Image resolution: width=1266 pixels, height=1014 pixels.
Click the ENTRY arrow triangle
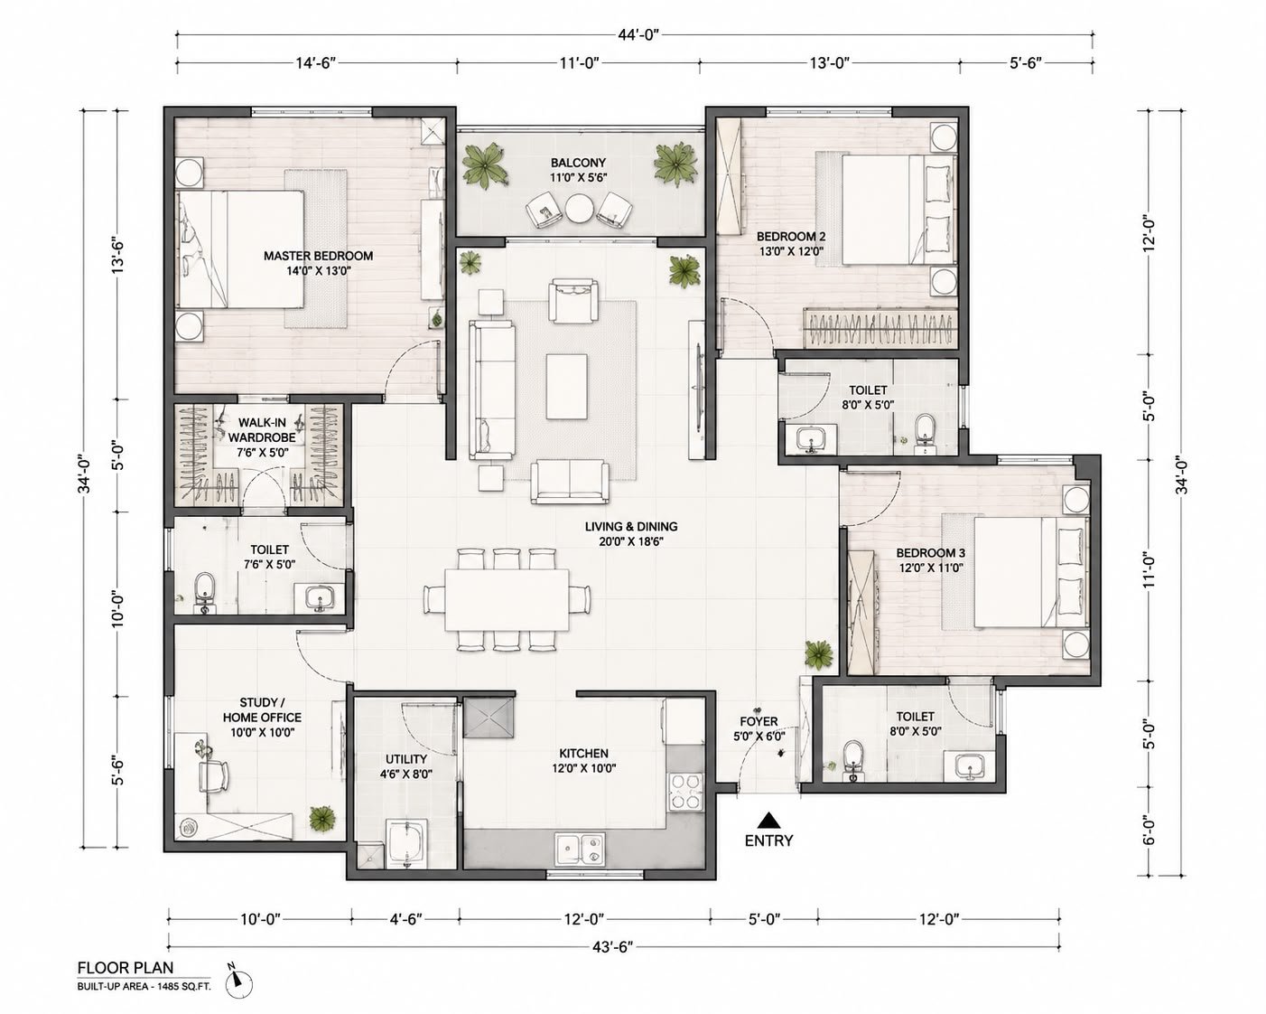pyautogui.click(x=768, y=821)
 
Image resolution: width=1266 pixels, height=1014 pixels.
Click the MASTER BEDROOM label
pyautogui.click(x=318, y=256)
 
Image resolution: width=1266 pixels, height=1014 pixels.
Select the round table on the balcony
pyautogui.click(x=580, y=209)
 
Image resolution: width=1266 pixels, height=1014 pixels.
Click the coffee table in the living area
pyautogui.click(x=566, y=386)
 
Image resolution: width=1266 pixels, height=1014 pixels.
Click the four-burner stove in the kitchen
pyautogui.click(x=685, y=793)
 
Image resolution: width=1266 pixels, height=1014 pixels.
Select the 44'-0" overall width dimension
pyautogui.click(x=638, y=34)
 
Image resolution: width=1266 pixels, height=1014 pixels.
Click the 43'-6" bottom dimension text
pyautogui.click(x=612, y=947)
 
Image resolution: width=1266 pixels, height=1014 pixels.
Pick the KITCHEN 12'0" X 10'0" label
pyautogui.click(x=583, y=761)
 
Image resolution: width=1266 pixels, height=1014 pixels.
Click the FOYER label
pyautogui.click(x=759, y=721)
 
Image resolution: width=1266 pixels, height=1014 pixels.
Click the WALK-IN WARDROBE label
pyautogui.click(x=262, y=430)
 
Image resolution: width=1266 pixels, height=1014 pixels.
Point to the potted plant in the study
pyautogui.click(x=323, y=817)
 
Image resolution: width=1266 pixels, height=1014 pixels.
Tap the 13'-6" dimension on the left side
pyautogui.click(x=119, y=255)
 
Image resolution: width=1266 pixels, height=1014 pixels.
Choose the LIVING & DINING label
pyautogui.click(x=631, y=527)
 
